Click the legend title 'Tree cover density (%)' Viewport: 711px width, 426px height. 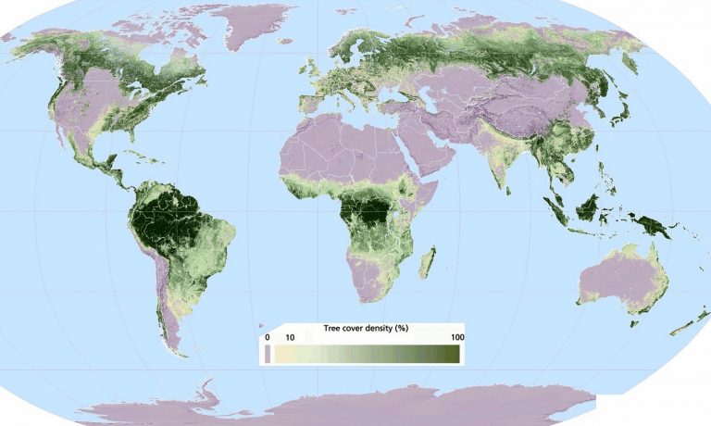[364, 329]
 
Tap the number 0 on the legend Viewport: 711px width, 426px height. [268, 337]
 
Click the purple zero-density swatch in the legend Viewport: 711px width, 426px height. [268, 352]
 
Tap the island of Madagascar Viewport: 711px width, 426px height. [427, 262]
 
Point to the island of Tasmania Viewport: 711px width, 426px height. [635, 321]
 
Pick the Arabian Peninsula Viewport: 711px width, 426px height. [435, 153]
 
